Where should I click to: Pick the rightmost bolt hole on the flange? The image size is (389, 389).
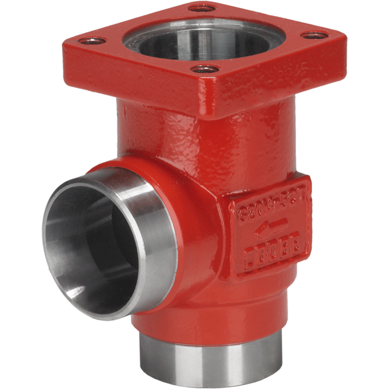(x=315, y=35)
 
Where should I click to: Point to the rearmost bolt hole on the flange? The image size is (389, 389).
(x=201, y=8)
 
